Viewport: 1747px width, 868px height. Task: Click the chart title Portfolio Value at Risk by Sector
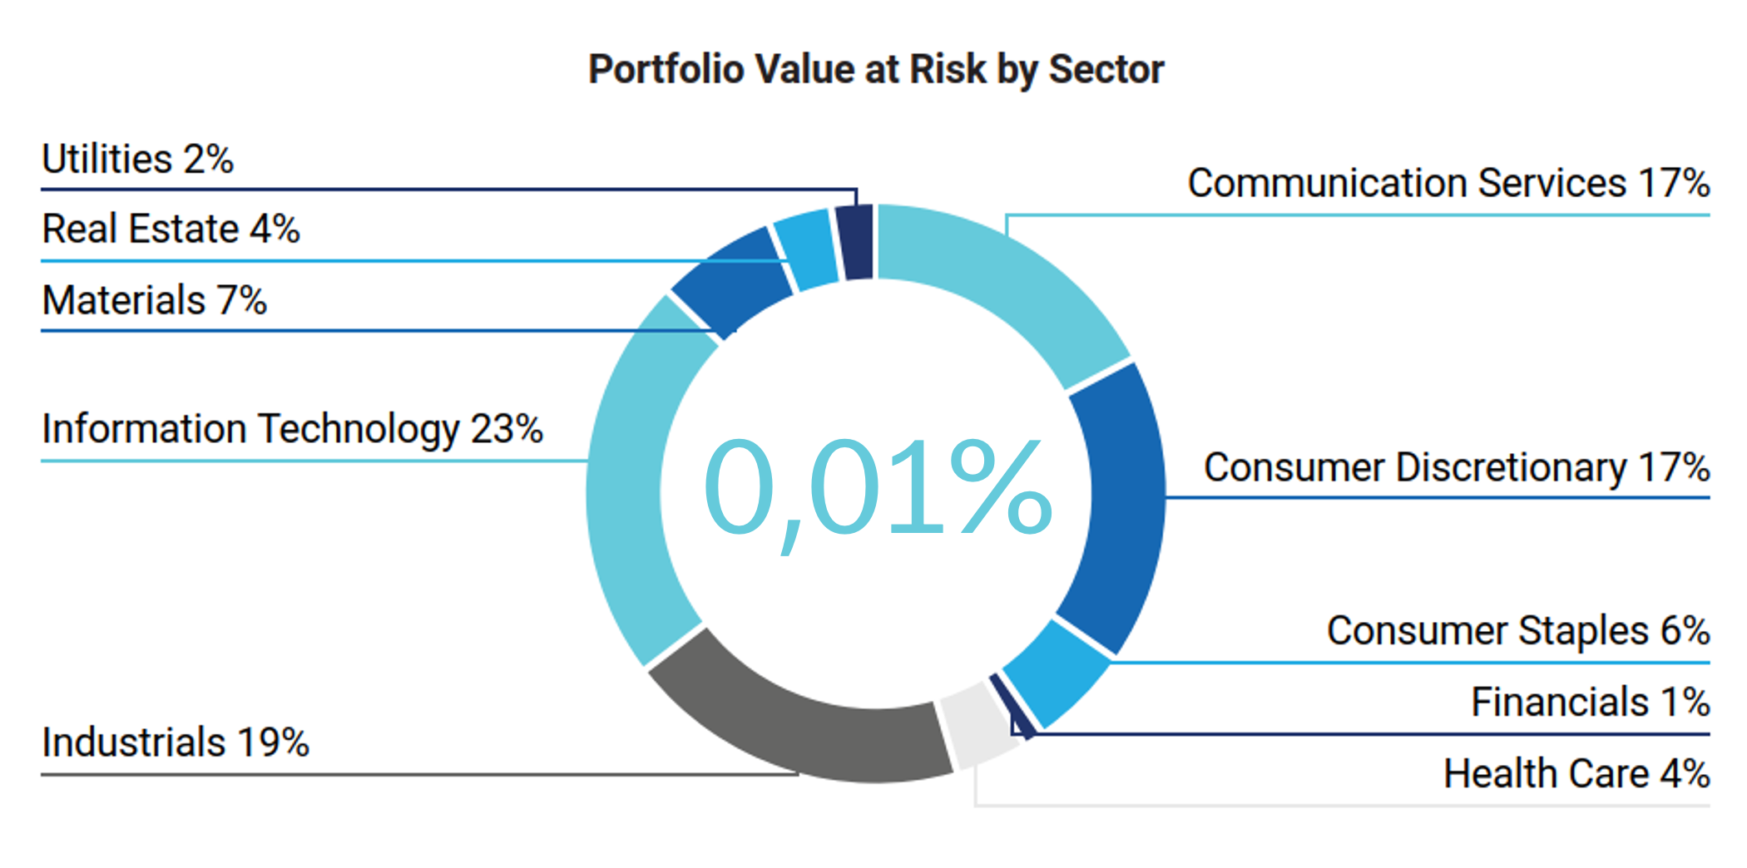click(x=876, y=69)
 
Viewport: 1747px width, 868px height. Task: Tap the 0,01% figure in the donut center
click(x=878, y=488)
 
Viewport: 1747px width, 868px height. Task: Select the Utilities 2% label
click(x=137, y=159)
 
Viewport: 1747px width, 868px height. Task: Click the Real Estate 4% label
click(x=171, y=229)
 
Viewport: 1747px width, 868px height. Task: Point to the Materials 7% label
click(x=154, y=300)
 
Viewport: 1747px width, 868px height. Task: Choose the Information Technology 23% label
click(x=292, y=429)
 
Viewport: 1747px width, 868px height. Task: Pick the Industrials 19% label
click(x=175, y=742)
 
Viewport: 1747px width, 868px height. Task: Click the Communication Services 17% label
click(x=1448, y=183)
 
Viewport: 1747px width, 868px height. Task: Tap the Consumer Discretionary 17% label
click(x=1456, y=467)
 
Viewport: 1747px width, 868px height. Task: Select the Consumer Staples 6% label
click(x=1517, y=630)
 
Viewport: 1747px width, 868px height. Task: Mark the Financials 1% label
click(x=1590, y=702)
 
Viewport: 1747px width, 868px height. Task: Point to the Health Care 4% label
click(x=1576, y=773)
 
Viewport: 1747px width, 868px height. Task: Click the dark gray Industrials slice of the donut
click(x=799, y=723)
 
